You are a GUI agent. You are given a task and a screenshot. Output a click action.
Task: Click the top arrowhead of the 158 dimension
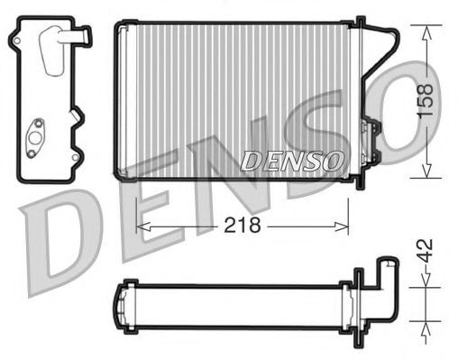pyautogui.click(x=426, y=28)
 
